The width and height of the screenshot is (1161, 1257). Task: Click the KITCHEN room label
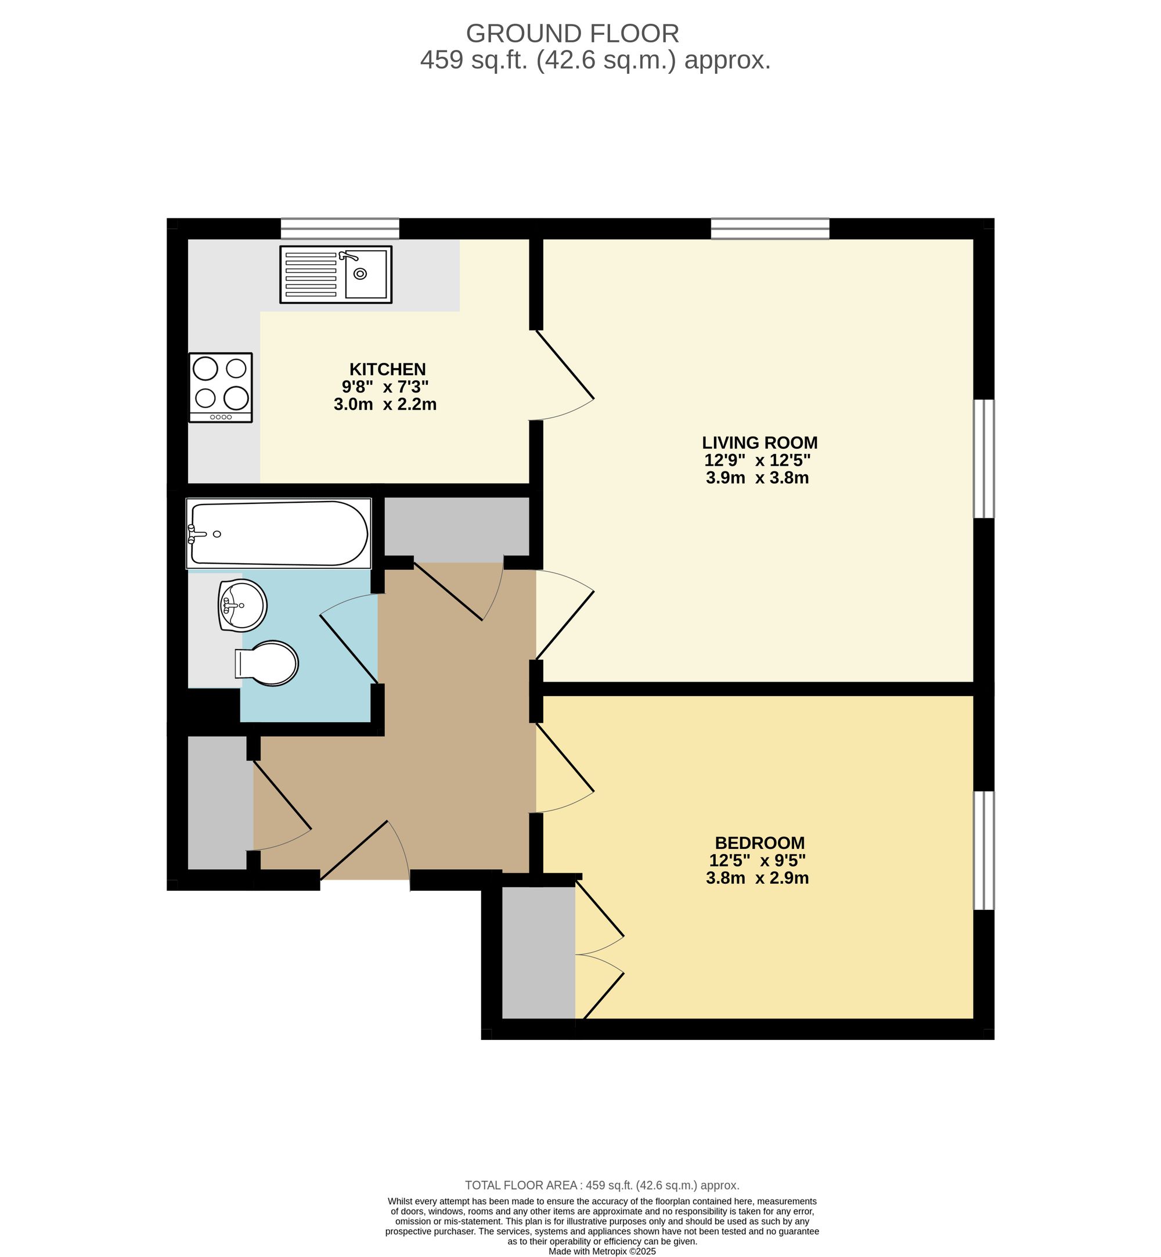(387, 369)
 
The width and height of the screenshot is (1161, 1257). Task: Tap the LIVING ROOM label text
(759, 442)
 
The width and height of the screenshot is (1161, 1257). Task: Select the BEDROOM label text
(759, 842)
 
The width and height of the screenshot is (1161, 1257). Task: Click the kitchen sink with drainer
(336, 274)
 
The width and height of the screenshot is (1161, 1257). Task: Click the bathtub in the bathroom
(278, 534)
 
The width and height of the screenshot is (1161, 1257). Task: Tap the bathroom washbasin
(243, 604)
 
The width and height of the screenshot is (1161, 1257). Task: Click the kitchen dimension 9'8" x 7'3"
(384, 386)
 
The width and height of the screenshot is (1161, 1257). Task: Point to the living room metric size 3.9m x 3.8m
(756, 478)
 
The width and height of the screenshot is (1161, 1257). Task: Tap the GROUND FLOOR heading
(572, 33)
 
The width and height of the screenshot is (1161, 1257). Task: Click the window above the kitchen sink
(339, 229)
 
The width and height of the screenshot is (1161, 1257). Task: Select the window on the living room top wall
(770, 229)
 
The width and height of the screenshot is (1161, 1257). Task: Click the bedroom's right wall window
(983, 850)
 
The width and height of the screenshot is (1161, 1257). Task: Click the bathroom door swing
(349, 641)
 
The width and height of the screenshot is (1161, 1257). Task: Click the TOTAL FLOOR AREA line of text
(601, 1186)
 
